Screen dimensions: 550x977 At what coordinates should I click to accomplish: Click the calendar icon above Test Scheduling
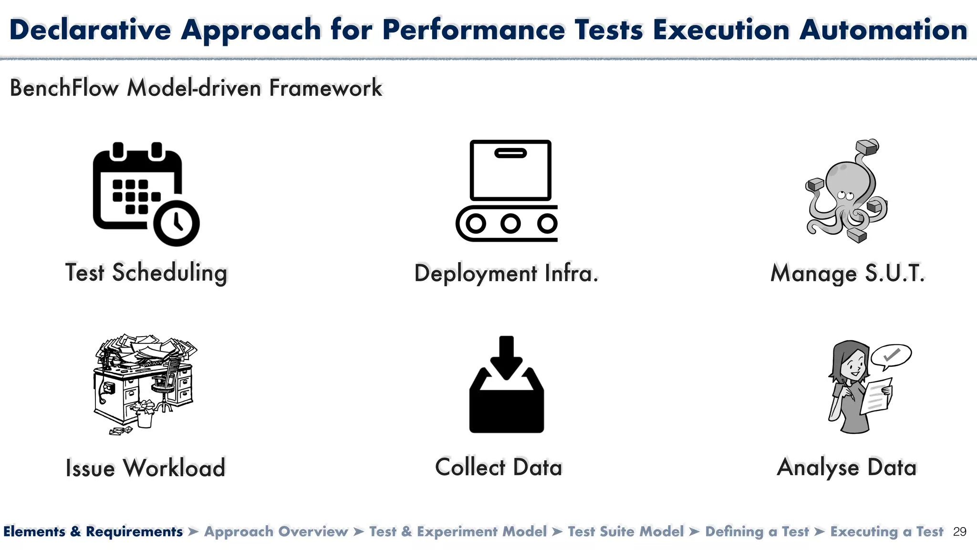point(136,189)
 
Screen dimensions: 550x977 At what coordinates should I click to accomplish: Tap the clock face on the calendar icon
point(177,223)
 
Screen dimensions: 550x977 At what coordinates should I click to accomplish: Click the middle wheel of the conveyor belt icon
point(510,223)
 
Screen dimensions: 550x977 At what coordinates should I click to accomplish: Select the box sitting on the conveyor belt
point(510,170)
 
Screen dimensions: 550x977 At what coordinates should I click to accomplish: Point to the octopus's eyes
point(846,195)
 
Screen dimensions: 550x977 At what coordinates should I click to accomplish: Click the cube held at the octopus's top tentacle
point(867,148)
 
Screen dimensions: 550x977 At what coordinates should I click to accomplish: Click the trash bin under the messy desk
point(145,419)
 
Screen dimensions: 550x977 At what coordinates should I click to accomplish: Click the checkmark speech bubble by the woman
point(891,356)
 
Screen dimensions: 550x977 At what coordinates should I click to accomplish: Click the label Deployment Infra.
point(506,274)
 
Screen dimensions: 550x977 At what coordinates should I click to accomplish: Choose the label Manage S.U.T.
point(848,274)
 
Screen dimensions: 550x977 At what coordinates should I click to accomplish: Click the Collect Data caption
point(499,467)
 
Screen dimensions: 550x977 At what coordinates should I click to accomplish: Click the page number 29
point(959,532)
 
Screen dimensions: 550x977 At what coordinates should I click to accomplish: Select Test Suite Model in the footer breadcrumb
point(625,531)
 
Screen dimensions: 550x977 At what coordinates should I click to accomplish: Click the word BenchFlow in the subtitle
point(64,88)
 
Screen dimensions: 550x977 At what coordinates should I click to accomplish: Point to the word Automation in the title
point(883,30)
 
